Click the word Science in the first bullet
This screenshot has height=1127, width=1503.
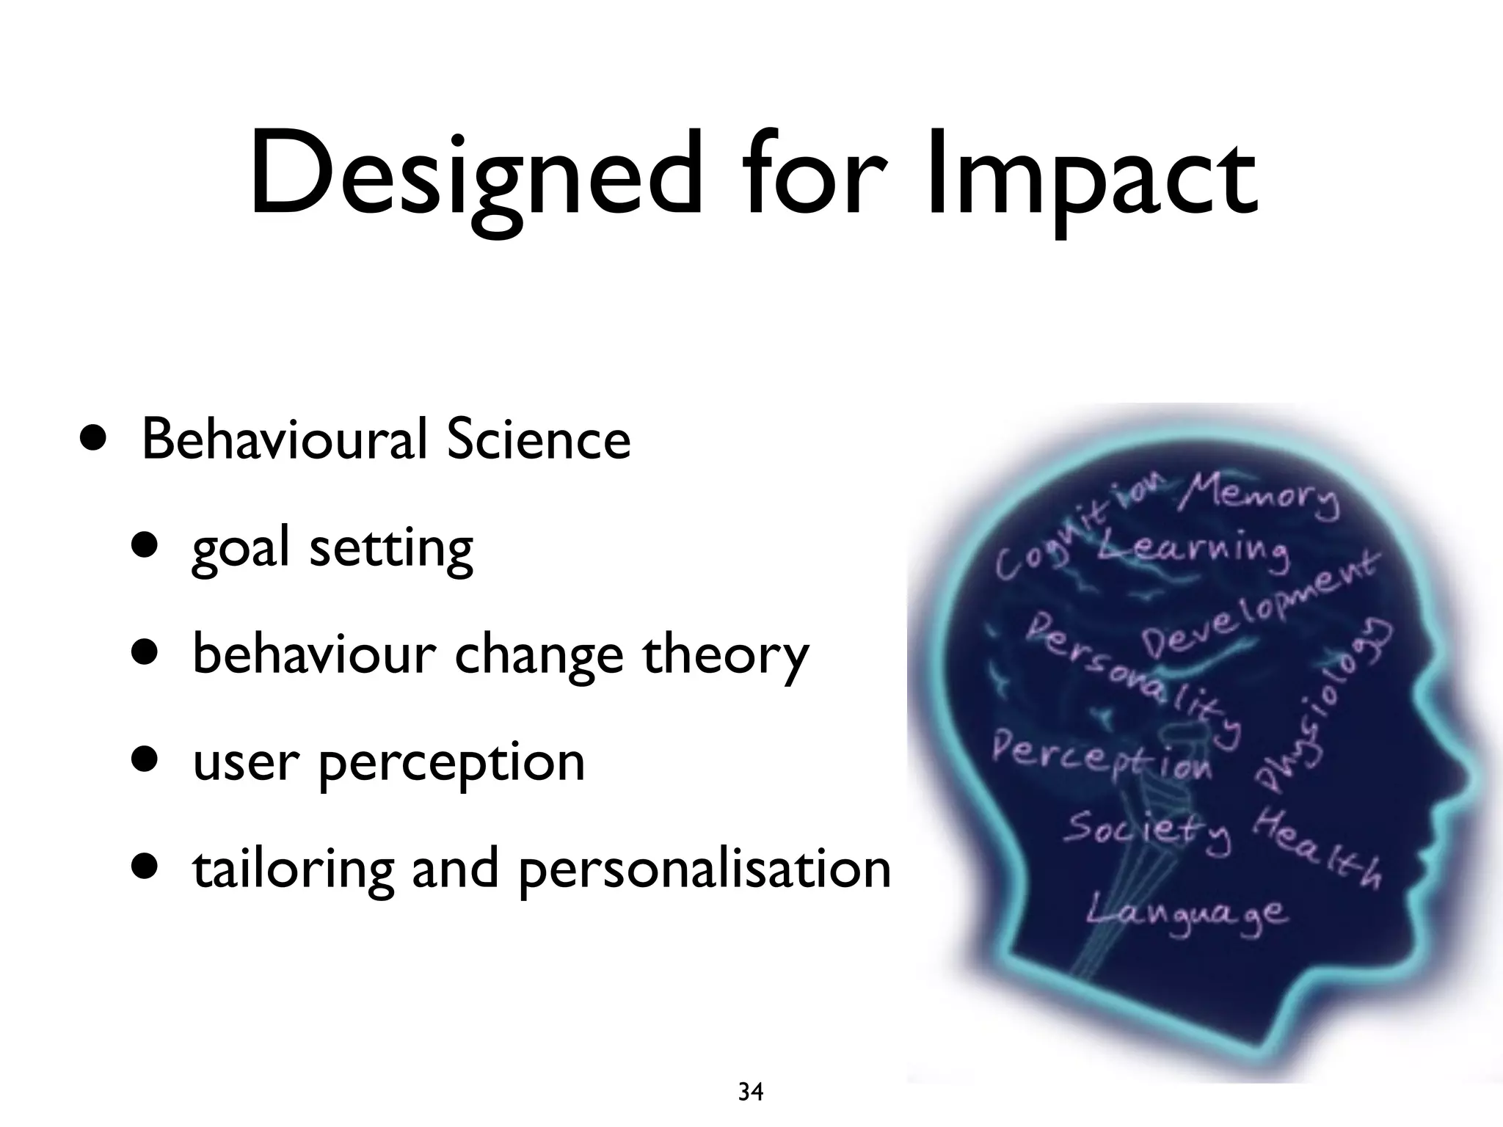(539, 440)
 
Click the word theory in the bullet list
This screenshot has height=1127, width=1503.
(725, 655)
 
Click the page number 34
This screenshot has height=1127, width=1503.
(750, 1093)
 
